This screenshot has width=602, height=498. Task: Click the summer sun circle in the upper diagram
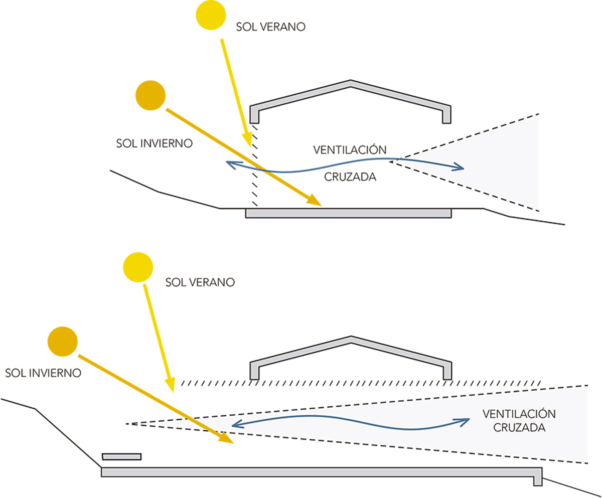tap(210, 15)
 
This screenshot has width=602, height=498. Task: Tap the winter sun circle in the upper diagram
tap(150, 96)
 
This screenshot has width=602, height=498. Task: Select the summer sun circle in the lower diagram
tap(138, 267)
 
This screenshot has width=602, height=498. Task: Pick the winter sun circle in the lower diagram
tap(62, 342)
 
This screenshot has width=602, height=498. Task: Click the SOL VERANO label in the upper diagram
tap(270, 27)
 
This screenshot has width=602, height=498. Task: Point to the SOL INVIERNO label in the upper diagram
tap(154, 143)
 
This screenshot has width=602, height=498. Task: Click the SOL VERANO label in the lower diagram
tap(200, 282)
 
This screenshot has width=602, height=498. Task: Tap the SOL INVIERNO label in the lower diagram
tap(43, 373)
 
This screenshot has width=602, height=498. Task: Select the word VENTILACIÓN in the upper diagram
tap(350, 150)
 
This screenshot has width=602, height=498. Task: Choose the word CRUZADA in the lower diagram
tap(519, 428)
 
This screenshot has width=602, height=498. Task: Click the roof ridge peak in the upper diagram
tap(351, 81)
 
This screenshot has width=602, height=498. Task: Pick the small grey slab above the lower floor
tap(121, 456)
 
